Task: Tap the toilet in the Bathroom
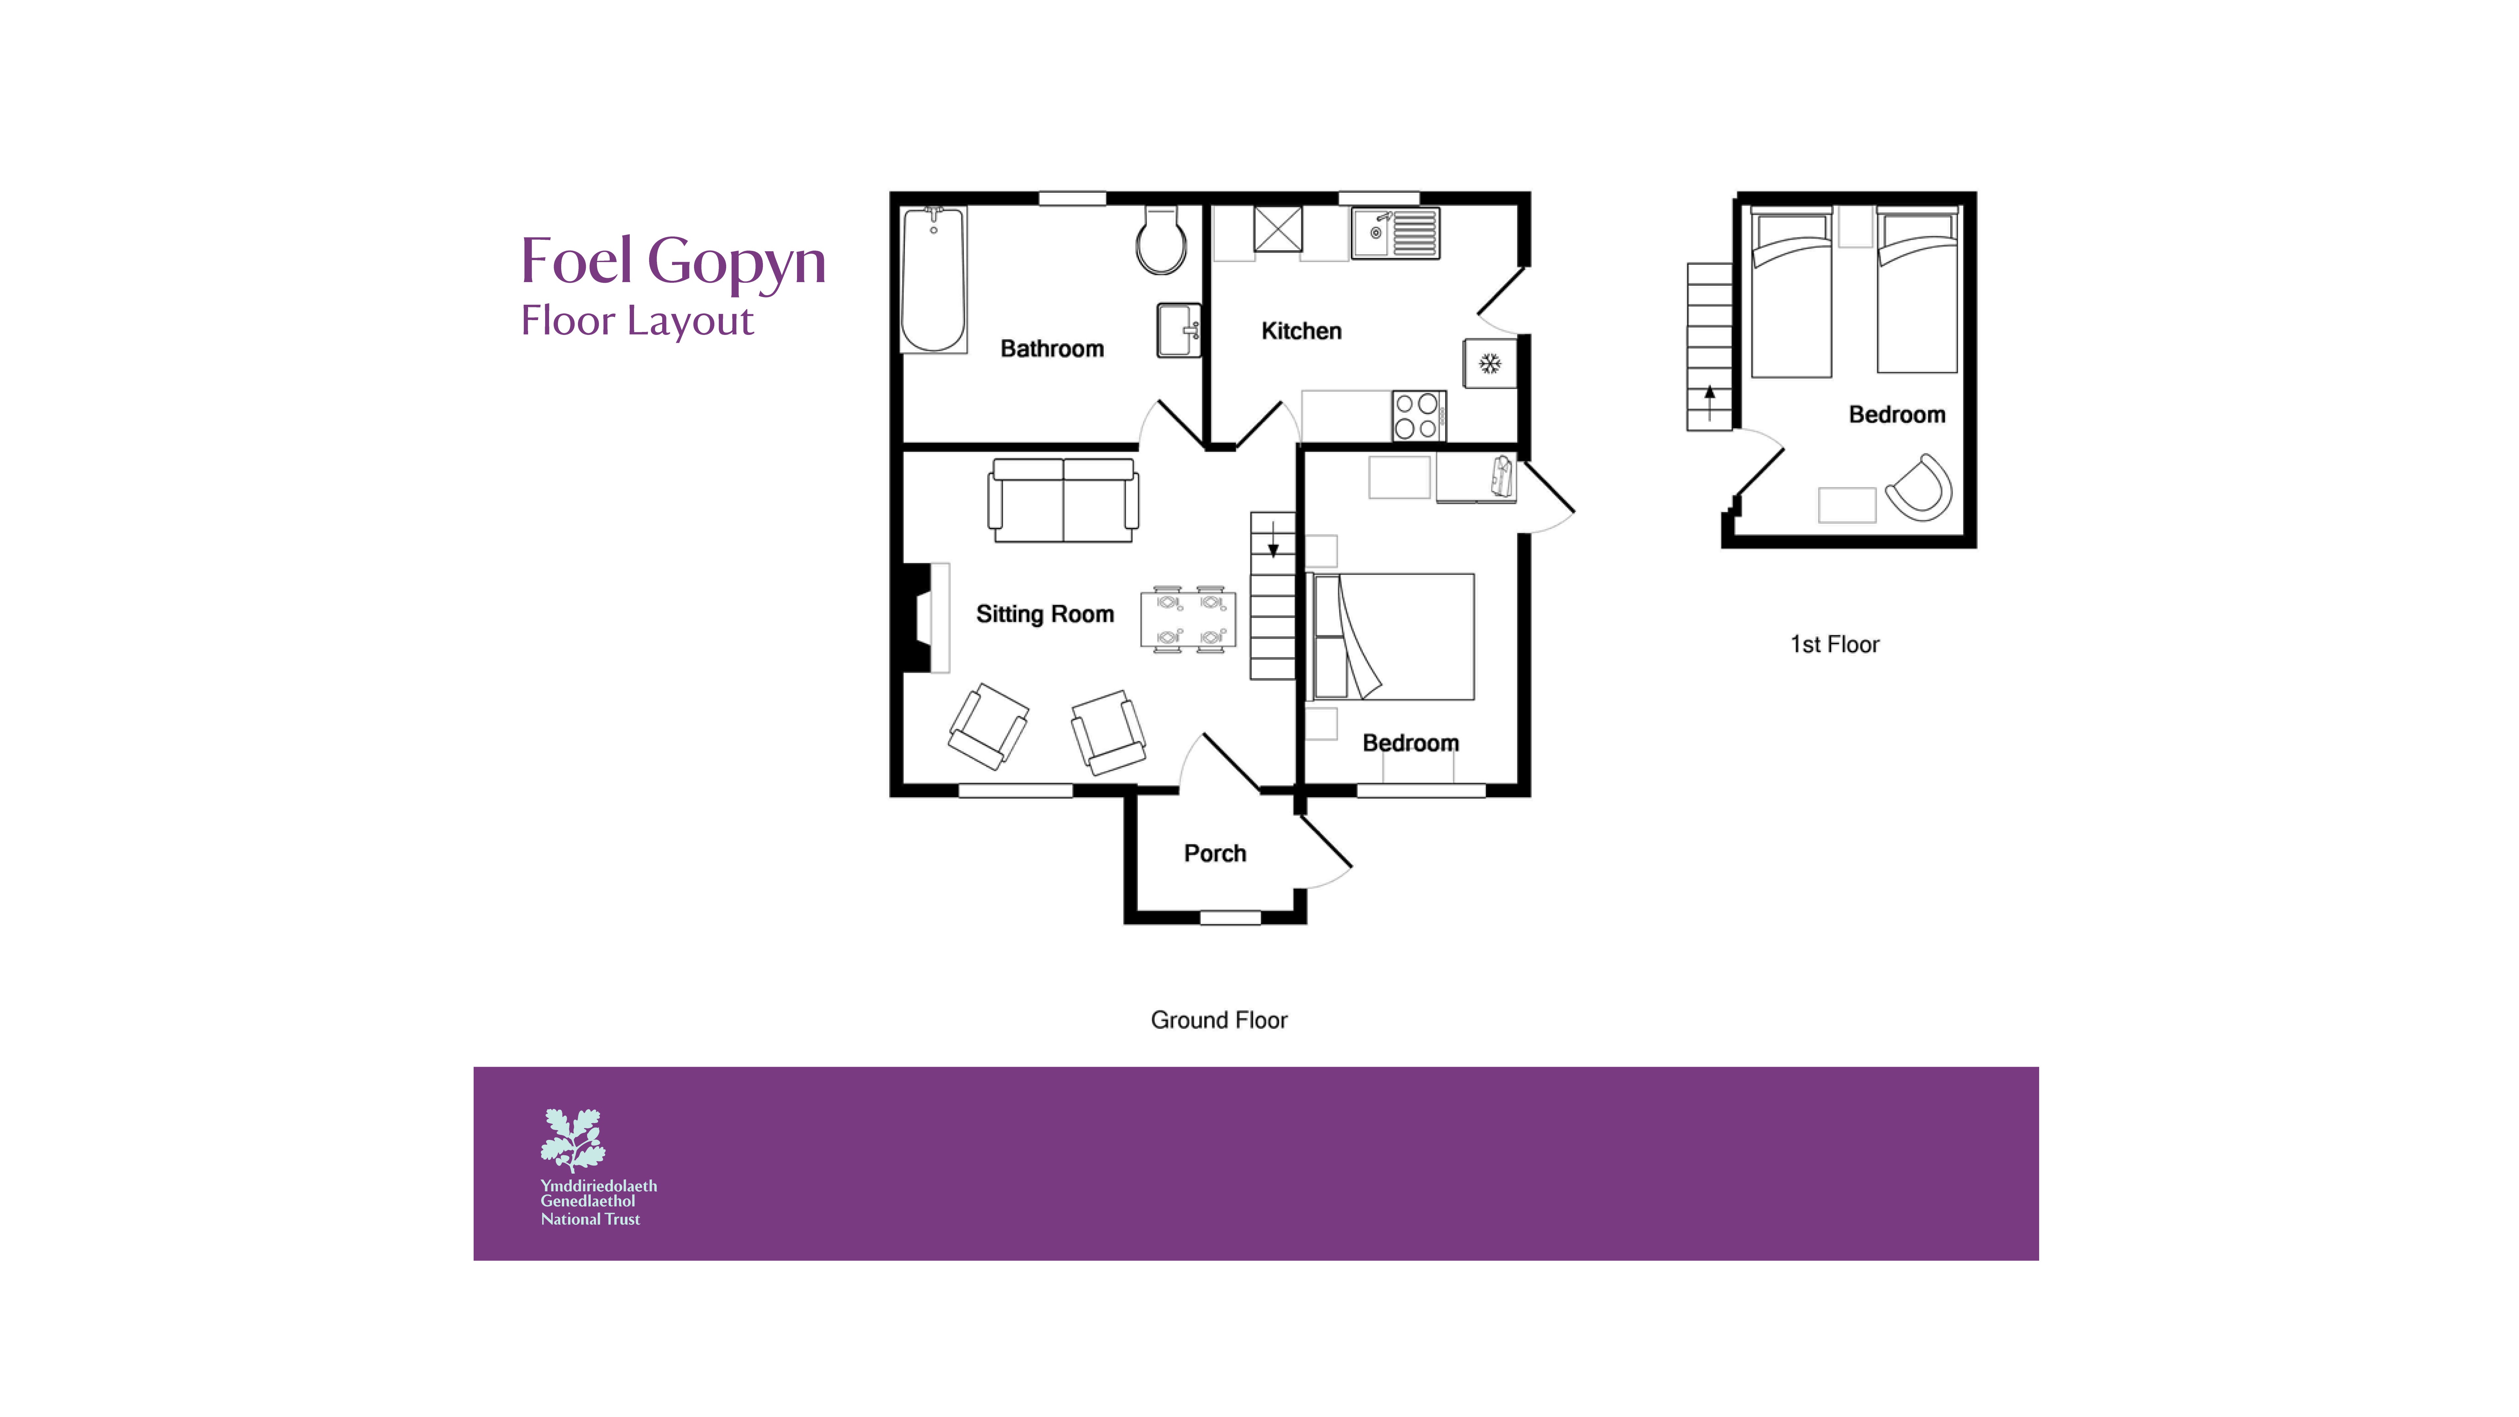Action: tap(1161, 242)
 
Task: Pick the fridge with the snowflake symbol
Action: tap(1489, 364)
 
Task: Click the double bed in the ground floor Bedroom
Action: tap(1391, 637)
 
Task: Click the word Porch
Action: tap(1215, 854)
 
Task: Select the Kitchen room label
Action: tap(1300, 332)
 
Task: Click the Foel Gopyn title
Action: tap(673, 262)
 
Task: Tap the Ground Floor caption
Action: tap(1219, 1020)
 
